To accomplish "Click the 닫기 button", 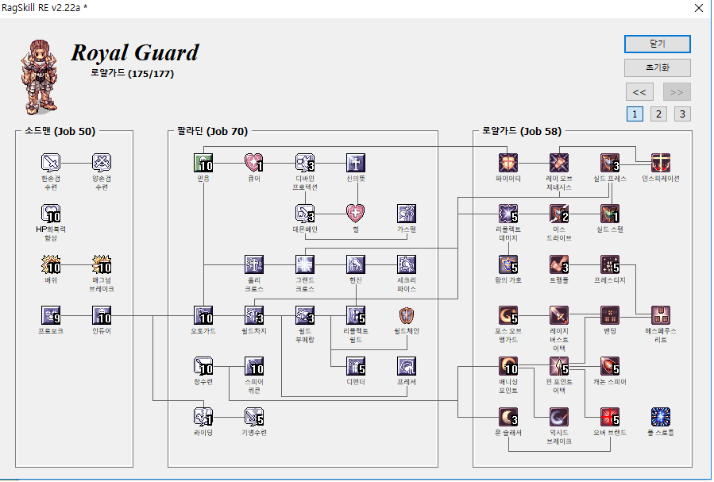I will pyautogui.click(x=657, y=44).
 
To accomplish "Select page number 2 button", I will pyautogui.click(x=658, y=114).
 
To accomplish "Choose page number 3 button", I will pyautogui.click(x=682, y=114).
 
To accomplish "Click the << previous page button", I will pyautogui.click(x=639, y=91).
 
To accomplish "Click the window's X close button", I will pyautogui.click(x=698, y=9).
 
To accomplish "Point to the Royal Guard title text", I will pyautogui.click(x=135, y=53).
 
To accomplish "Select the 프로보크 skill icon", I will pyautogui.click(x=52, y=315).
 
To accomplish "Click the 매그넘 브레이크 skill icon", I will pyautogui.click(x=102, y=264).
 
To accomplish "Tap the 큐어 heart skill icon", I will pyautogui.click(x=254, y=162).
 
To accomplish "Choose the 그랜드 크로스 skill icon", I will pyautogui.click(x=306, y=264).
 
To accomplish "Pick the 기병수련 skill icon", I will pyautogui.click(x=254, y=416).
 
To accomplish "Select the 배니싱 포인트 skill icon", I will pyautogui.click(x=509, y=365).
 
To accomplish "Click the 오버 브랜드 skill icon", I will pyautogui.click(x=610, y=416).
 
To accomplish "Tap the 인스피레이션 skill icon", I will pyautogui.click(x=661, y=162).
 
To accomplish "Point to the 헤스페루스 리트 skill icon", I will pyautogui.click(x=661, y=315).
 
